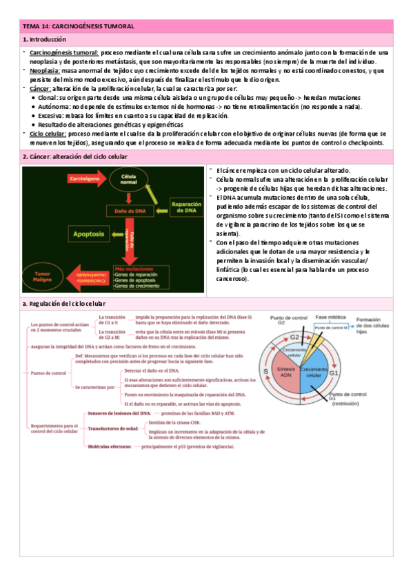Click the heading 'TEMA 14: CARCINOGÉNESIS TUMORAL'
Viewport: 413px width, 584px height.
point(79,25)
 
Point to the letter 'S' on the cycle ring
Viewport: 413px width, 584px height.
point(265,372)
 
